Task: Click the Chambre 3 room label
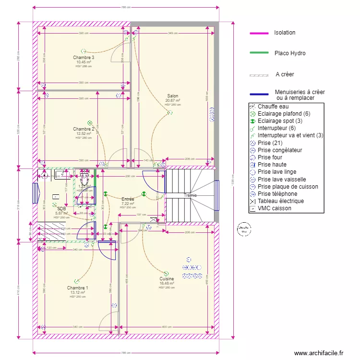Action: pos(84,58)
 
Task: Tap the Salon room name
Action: pos(172,96)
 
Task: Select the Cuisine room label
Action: pos(167,278)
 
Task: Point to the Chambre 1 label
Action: pos(77,288)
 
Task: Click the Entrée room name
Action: pos(128,199)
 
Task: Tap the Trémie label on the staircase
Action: pos(191,195)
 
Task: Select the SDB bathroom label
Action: pos(61,209)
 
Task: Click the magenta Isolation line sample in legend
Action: pos(260,33)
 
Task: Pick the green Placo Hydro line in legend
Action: pos(260,54)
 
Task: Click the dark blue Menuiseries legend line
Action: pos(260,95)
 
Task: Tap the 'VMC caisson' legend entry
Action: pos(274,208)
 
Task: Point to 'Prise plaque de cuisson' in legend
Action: pos(288,187)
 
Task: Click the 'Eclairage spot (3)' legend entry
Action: pos(280,121)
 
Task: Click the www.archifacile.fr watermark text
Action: pos(319,353)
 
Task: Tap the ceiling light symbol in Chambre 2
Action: pos(89,123)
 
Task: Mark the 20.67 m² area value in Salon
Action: pos(172,100)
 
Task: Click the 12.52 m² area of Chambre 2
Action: pos(84,133)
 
